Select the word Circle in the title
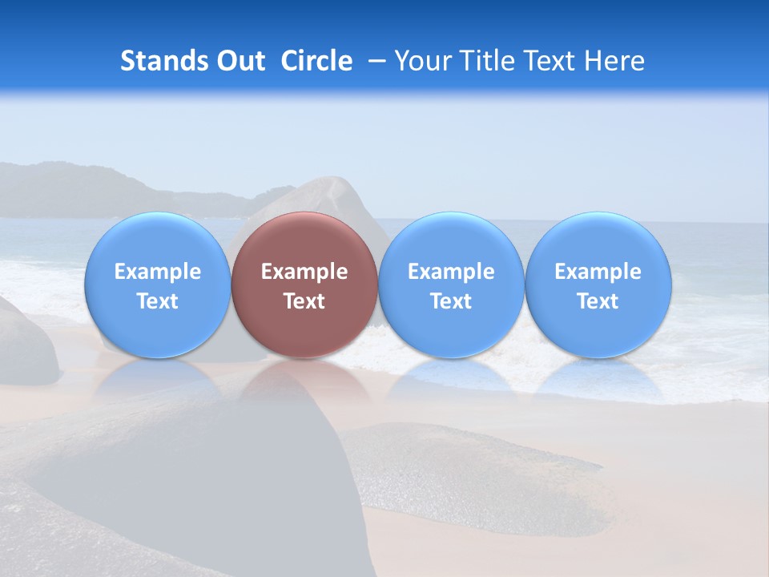tap(316, 61)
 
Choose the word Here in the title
tap(614, 61)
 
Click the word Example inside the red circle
tap(304, 272)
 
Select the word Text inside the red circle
tap(304, 301)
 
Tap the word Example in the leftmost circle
tap(158, 272)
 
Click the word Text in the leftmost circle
tap(158, 301)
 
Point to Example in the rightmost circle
tap(598, 272)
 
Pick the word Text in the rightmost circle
tap(598, 301)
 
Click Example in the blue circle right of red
tap(451, 272)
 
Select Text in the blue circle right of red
tap(451, 301)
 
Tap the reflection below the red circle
tap(304, 381)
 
